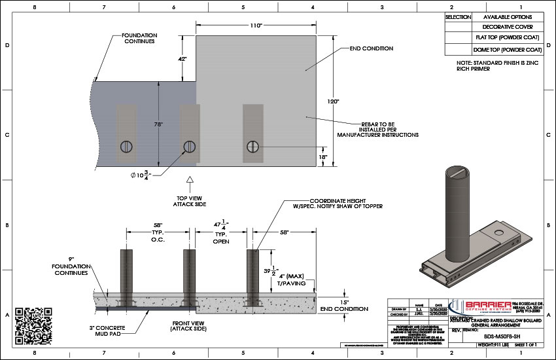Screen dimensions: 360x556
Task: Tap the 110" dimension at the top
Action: [256, 26]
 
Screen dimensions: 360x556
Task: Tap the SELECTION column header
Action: [457, 16]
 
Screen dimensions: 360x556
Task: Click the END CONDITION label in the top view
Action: [372, 48]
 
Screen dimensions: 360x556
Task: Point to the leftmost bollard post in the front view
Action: [126, 275]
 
